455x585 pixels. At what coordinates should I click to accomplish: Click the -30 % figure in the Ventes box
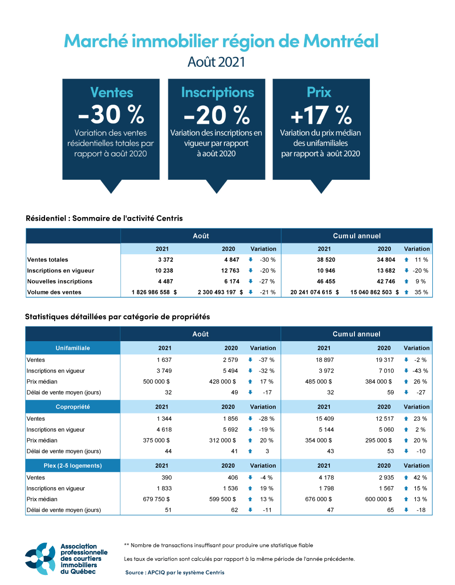pyautogui.click(x=111, y=115)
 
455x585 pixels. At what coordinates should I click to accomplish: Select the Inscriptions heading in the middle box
pyautogui.click(x=217, y=92)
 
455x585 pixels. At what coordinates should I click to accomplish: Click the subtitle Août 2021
pyautogui.click(x=217, y=62)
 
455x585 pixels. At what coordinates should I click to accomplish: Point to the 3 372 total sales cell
pyautogui.click(x=166, y=260)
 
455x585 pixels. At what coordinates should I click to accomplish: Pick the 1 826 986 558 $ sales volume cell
pyautogui.click(x=154, y=292)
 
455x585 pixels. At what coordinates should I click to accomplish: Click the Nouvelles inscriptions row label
pyautogui.click(x=60, y=282)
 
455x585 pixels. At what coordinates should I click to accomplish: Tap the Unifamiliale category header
pyautogui.click(x=73, y=348)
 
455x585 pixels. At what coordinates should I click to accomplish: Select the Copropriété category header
pyautogui.click(x=73, y=407)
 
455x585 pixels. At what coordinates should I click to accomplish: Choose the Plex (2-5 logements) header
pyautogui.click(x=73, y=466)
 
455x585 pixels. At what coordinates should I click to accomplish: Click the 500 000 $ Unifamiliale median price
pyautogui.click(x=156, y=382)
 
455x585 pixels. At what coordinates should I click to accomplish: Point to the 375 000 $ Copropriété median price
pyautogui.click(x=156, y=440)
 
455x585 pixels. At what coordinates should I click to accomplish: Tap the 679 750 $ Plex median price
pyautogui.click(x=156, y=499)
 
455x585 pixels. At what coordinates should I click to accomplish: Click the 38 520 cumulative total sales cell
pyautogui.click(x=326, y=260)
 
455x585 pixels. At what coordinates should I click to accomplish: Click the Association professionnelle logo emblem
pyautogui.click(x=40, y=558)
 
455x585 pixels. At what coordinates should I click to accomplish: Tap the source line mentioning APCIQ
pyautogui.click(x=175, y=573)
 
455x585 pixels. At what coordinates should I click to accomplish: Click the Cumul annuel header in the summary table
pyautogui.click(x=357, y=236)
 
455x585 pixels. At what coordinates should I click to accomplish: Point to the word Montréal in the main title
pyautogui.click(x=341, y=41)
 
